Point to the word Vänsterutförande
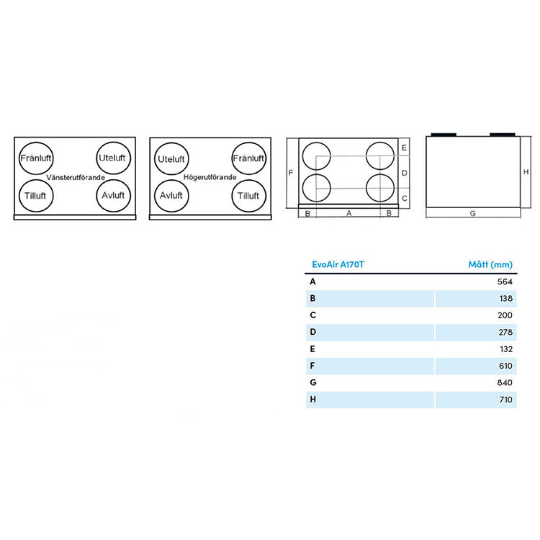76,177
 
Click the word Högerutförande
210,177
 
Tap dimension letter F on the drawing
291,172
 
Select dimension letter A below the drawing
349,213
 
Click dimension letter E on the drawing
405,148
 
